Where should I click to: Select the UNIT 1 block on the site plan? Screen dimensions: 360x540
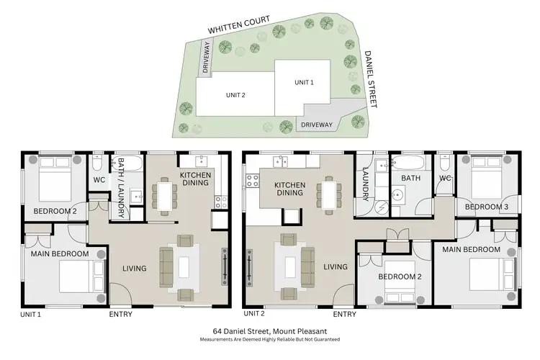point(305,82)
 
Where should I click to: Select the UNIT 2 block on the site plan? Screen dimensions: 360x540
point(235,95)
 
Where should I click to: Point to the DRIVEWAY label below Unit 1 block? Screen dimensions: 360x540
point(316,125)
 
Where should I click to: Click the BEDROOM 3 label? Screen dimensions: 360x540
point(487,207)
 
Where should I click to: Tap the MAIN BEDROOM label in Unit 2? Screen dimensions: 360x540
point(471,249)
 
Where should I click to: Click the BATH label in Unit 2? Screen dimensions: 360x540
point(410,177)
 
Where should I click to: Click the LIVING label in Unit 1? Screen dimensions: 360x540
point(135,269)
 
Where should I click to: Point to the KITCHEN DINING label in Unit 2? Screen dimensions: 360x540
point(290,189)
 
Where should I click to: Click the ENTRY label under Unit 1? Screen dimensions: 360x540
point(120,314)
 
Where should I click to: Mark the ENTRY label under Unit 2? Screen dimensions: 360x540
point(345,314)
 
